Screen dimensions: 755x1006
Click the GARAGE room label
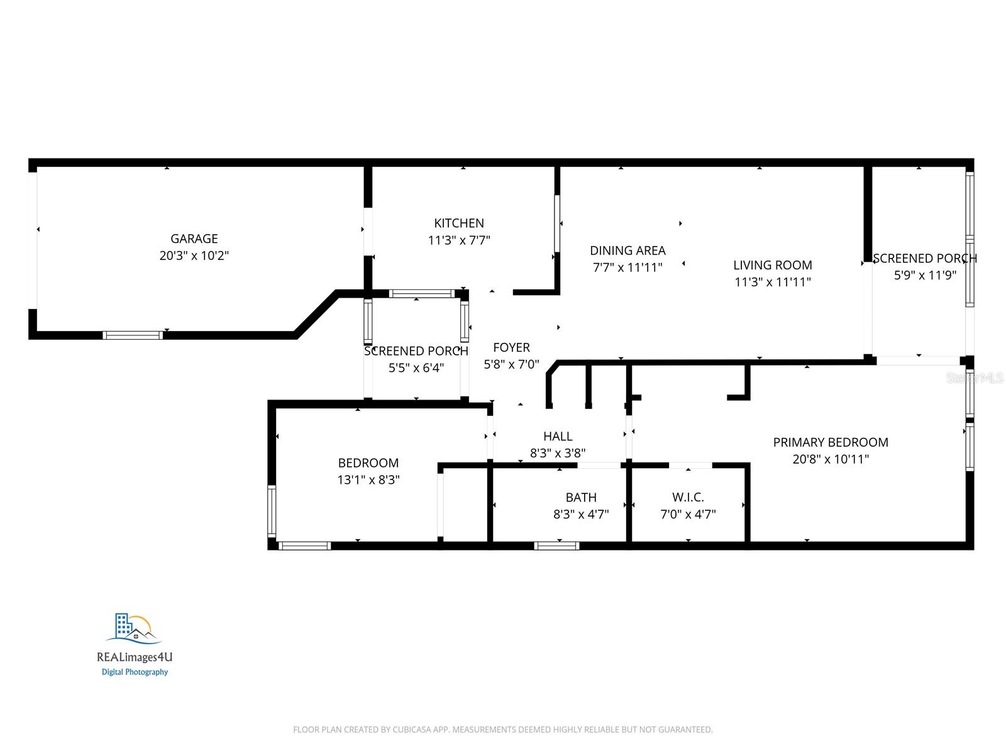click(x=194, y=238)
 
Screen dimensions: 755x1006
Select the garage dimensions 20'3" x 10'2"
click(x=194, y=255)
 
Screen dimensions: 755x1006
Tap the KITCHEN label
click(x=459, y=223)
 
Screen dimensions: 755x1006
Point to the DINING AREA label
click(x=627, y=250)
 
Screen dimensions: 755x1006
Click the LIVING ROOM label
click(x=773, y=265)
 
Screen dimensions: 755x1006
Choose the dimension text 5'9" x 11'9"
click(x=926, y=275)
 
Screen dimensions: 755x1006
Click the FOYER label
click(x=511, y=347)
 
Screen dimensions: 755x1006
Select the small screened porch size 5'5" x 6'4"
click(x=416, y=368)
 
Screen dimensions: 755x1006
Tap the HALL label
click(x=558, y=436)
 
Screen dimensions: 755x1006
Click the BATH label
click(x=581, y=497)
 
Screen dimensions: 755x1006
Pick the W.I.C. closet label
click(x=688, y=497)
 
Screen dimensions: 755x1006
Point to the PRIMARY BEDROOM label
click(x=831, y=442)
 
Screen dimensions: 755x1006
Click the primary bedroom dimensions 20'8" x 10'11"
click(x=831, y=459)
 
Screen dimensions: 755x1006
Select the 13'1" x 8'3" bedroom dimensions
click(x=368, y=480)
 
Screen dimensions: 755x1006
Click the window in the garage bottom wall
click(x=133, y=335)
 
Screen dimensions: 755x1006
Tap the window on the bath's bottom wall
click(x=556, y=545)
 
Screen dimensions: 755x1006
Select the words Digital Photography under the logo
click(x=135, y=672)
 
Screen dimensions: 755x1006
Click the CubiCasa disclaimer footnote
click(x=503, y=730)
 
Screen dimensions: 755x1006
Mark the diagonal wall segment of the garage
click(x=316, y=313)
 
